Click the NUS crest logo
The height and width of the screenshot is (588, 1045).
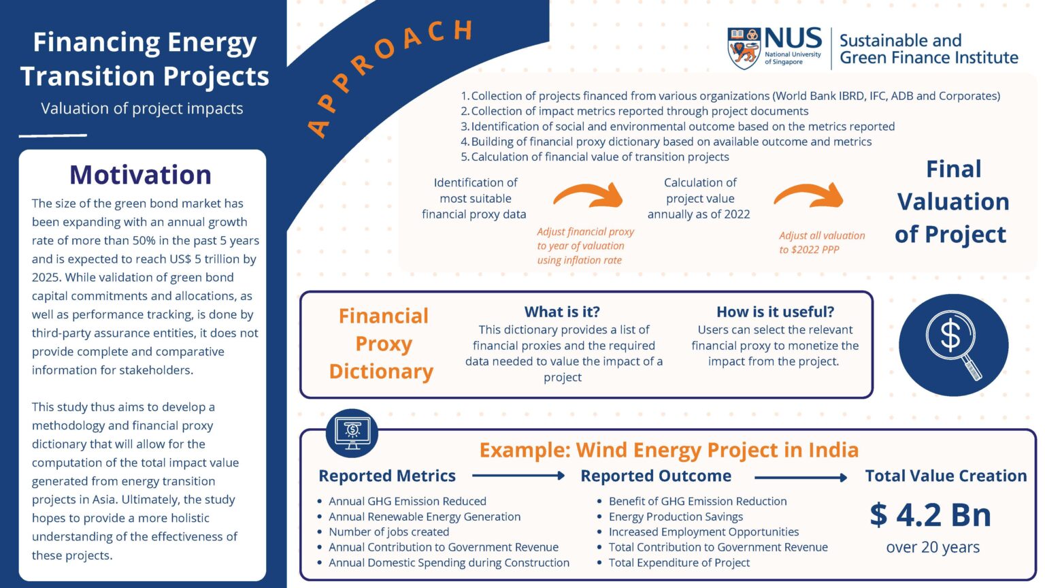pos(744,48)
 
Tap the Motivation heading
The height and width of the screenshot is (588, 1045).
pos(140,175)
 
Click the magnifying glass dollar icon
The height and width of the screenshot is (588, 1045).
pos(953,345)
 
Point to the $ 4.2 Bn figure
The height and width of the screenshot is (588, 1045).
pos(930,514)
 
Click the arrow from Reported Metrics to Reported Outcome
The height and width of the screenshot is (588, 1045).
pos(518,476)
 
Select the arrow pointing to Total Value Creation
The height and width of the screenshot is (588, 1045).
pos(800,477)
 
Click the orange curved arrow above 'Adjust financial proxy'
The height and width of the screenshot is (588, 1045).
pos(588,195)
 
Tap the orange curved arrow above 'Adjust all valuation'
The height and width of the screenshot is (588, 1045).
pos(808,196)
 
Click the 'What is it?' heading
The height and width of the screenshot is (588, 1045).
pos(562,312)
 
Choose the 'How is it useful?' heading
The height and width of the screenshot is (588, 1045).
pos(775,312)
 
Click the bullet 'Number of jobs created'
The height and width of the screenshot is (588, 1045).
pos(388,532)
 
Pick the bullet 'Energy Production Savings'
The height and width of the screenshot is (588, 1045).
pos(676,517)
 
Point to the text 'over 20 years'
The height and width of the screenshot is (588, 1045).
pos(933,547)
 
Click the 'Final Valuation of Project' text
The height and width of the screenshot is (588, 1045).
pos(952,201)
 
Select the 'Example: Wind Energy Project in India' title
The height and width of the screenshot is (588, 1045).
pos(669,450)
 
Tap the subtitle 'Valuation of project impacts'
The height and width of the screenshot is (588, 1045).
pos(142,108)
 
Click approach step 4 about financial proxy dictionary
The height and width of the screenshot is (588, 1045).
pos(670,142)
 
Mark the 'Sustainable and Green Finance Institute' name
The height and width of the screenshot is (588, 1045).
pos(928,49)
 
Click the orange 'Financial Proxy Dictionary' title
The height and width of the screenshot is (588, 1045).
pos(382,344)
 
